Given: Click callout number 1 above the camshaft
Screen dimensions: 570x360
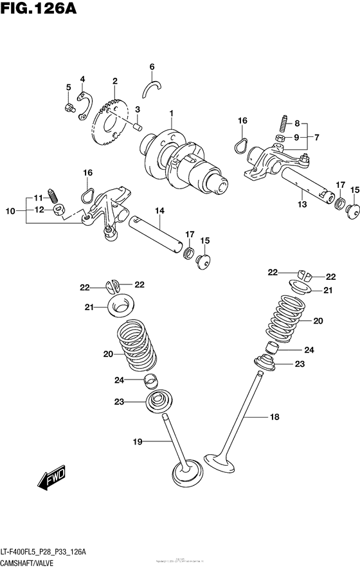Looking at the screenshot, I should pyautogui.click(x=172, y=115).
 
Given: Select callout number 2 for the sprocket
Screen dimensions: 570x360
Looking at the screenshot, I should pyautogui.click(x=114, y=81).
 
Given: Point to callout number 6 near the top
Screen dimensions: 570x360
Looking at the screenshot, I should pyautogui.click(x=152, y=66).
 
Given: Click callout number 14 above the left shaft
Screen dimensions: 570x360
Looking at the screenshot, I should pyautogui.click(x=159, y=210).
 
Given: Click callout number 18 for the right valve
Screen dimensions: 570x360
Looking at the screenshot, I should pyautogui.click(x=274, y=418).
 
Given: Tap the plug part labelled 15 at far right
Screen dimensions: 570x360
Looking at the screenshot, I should pyautogui.click(x=352, y=210).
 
